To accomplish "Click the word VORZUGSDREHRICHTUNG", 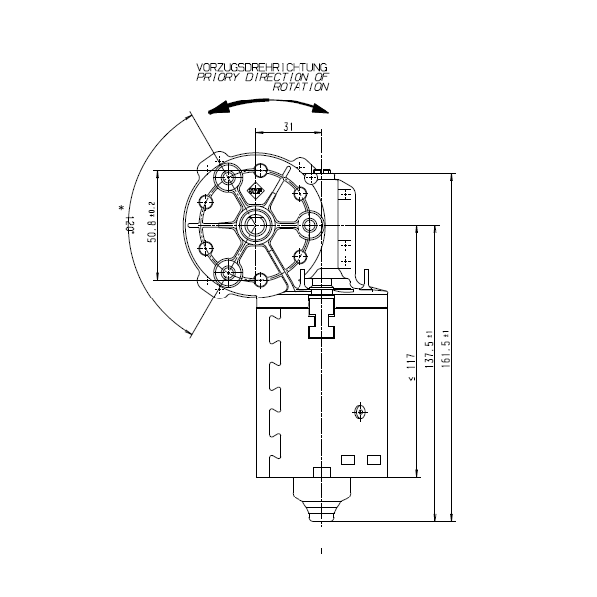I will (263, 68).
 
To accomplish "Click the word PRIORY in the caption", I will (218, 77).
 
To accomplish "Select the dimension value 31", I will (288, 126).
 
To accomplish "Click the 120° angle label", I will (130, 229).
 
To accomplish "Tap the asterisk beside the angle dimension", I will (122, 208).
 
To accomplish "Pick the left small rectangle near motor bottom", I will (348, 460).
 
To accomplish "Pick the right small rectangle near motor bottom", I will (374, 460).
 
